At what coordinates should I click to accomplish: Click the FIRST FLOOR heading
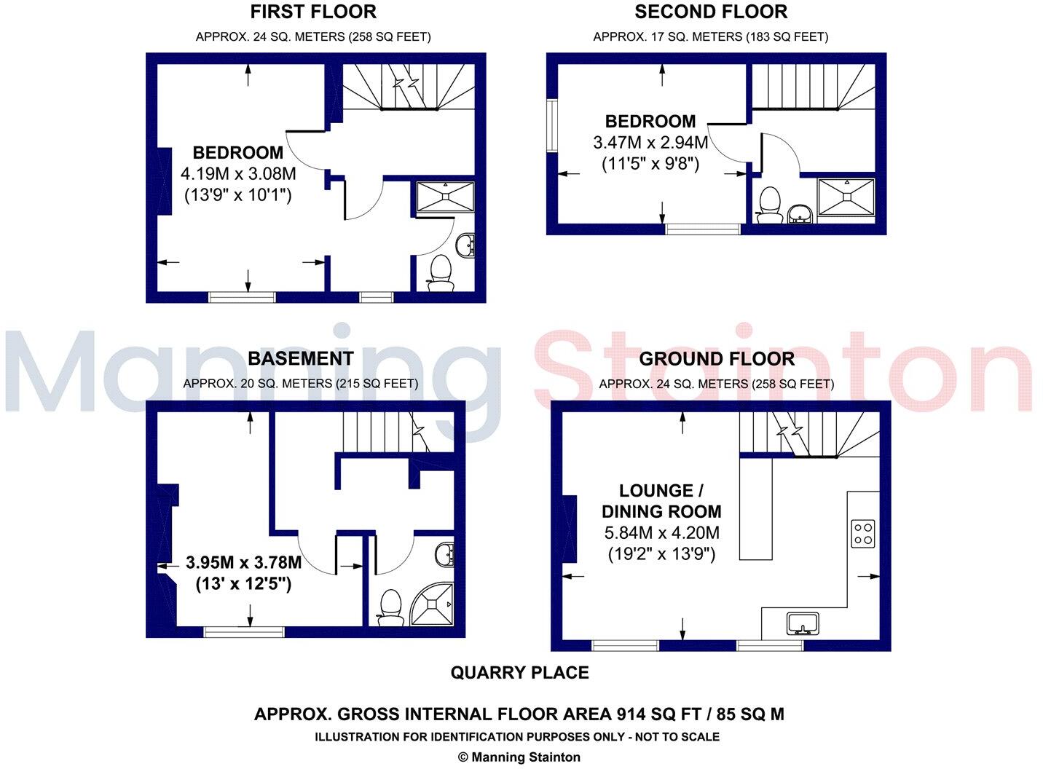(313, 12)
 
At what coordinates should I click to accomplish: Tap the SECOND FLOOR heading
(711, 12)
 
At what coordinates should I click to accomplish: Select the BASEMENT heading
(300, 358)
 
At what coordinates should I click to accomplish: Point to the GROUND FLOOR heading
(717, 358)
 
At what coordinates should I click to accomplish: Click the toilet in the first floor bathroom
(440, 272)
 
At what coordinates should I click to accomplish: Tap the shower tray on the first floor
(445, 197)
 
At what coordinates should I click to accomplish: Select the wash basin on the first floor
(465, 245)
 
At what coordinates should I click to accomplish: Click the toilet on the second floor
(769, 204)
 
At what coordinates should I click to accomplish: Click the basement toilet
(391, 607)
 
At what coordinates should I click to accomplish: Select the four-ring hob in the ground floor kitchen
(863, 533)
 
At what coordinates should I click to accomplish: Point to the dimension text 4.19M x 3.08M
(238, 174)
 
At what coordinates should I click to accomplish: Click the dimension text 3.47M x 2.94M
(650, 143)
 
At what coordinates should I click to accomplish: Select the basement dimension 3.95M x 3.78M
(243, 563)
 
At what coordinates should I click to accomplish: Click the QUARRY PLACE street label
(519, 673)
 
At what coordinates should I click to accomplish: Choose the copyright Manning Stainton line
(519, 757)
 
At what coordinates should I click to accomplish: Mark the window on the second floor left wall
(551, 125)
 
